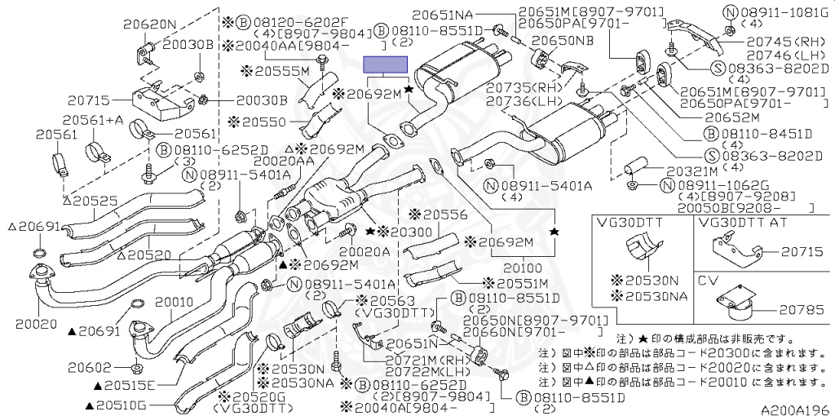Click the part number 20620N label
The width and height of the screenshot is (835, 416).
coord(149,24)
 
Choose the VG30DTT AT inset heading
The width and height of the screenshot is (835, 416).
coord(745,221)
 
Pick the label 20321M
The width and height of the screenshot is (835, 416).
coord(691,172)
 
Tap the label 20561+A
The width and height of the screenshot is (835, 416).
coord(93,120)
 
